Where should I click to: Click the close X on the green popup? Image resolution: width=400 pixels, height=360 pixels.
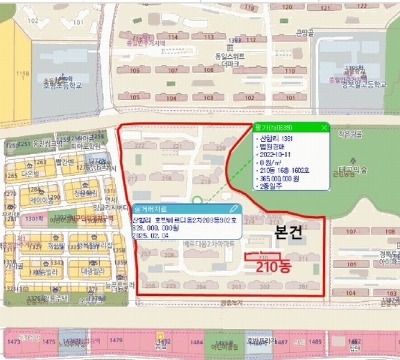tap(324, 127)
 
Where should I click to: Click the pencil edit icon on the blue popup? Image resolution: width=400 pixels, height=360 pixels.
tap(234, 208)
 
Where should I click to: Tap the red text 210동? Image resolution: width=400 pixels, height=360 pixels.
tap(273, 267)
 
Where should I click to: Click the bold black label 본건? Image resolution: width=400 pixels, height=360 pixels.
tap(288, 235)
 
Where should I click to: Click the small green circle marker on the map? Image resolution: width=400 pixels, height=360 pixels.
tap(196, 201)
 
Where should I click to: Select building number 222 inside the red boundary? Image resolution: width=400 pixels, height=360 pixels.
tap(140, 145)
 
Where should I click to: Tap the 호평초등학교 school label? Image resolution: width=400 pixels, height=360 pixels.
tap(62, 85)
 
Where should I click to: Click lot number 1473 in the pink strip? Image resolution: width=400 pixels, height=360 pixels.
tap(13, 341)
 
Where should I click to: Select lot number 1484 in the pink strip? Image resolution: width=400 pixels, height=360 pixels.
tap(196, 342)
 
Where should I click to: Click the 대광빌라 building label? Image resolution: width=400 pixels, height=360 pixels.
tap(88, 270)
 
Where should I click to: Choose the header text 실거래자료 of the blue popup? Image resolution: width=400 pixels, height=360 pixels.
tap(151, 208)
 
